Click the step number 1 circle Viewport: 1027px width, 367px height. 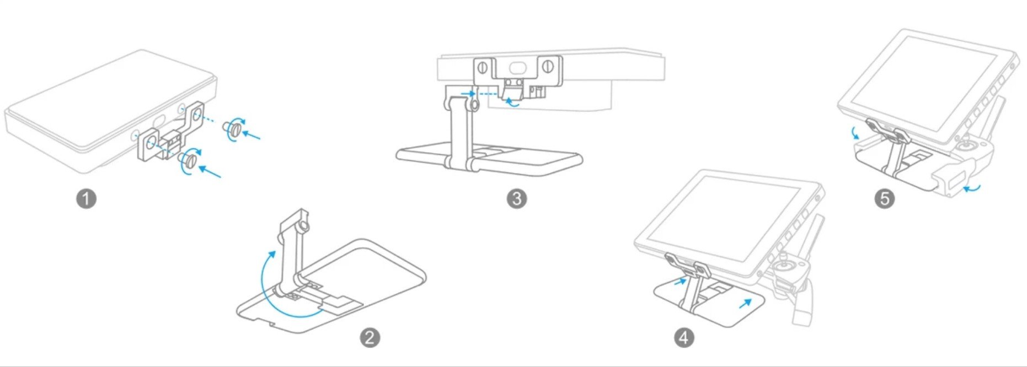tap(86, 198)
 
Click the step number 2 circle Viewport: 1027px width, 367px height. tap(370, 337)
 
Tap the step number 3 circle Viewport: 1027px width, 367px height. tap(517, 198)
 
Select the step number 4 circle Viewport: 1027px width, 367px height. tap(684, 337)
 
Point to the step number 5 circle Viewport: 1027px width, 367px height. tap(885, 198)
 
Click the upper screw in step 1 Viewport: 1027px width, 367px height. tap(234, 129)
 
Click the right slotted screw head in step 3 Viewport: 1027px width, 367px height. tap(548, 67)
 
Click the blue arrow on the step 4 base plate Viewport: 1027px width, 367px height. tap(745, 304)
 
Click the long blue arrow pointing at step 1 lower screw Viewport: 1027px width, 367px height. tap(210, 171)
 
